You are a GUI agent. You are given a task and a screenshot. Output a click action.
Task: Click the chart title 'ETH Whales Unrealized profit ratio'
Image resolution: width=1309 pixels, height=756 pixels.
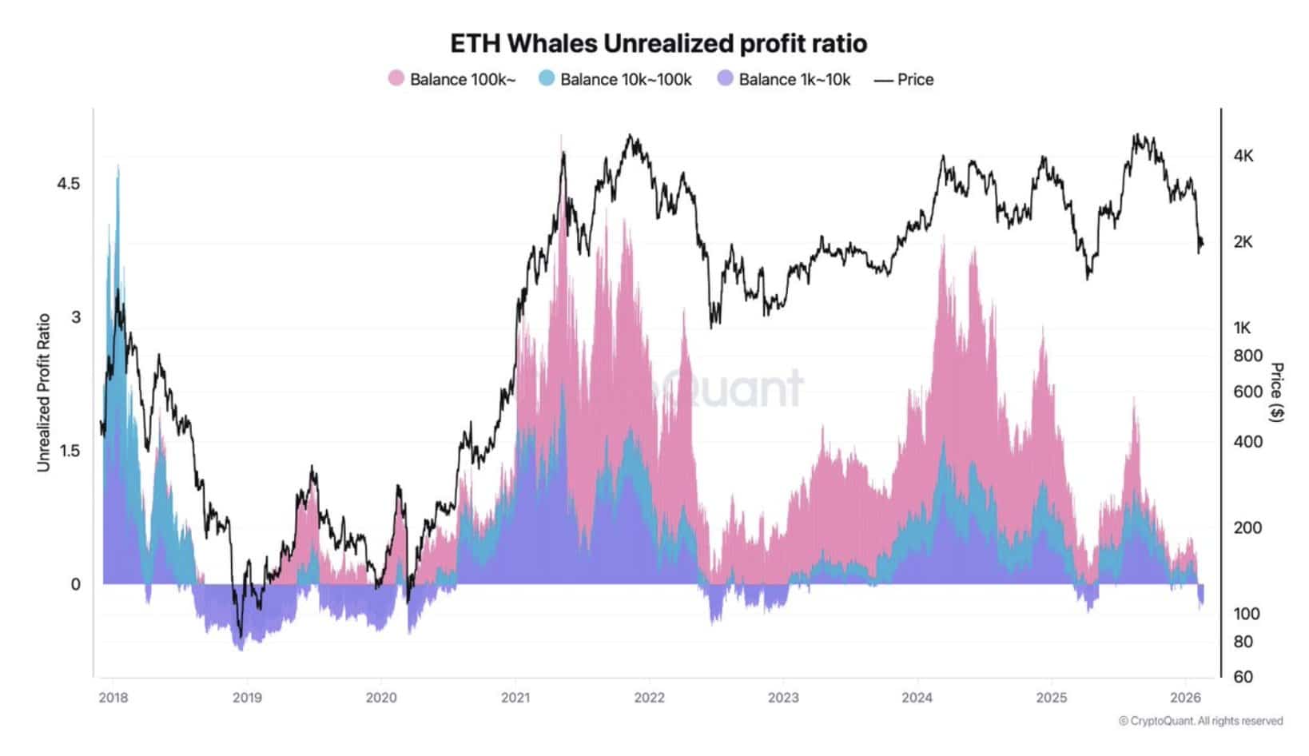pyautogui.click(x=658, y=43)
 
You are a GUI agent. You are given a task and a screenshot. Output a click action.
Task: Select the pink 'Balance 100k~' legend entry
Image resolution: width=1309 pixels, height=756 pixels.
pyautogui.click(x=452, y=79)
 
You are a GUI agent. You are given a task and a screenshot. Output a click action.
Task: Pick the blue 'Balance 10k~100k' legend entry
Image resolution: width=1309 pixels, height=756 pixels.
pyautogui.click(x=615, y=79)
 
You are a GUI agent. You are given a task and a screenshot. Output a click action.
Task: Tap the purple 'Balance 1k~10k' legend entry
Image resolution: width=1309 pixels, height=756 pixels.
pyautogui.click(x=784, y=79)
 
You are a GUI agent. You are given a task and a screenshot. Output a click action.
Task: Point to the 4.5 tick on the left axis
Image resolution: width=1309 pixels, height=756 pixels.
pyautogui.click(x=69, y=183)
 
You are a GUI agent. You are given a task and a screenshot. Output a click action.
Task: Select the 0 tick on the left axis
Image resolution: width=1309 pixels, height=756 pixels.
pyautogui.click(x=76, y=584)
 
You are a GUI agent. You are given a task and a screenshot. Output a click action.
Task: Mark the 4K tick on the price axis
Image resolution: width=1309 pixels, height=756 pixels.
pyautogui.click(x=1243, y=156)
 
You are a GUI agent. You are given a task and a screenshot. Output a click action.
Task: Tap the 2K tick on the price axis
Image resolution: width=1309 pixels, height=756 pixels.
pyautogui.click(x=1243, y=241)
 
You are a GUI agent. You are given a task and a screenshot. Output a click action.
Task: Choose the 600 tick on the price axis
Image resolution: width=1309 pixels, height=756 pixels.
pyautogui.click(x=1247, y=392)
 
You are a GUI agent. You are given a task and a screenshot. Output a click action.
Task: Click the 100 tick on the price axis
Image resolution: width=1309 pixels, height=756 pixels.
pyautogui.click(x=1247, y=614)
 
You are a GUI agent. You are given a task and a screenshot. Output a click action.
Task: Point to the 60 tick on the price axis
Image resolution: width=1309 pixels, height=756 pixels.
pyautogui.click(x=1243, y=677)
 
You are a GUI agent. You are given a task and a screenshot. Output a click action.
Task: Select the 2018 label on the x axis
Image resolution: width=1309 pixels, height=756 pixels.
pyautogui.click(x=113, y=697)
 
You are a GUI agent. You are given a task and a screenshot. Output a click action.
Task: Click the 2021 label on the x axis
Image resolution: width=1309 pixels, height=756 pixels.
pyautogui.click(x=515, y=697)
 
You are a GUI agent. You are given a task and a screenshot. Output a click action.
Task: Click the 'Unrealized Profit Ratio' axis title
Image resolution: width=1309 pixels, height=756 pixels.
pyautogui.click(x=44, y=392)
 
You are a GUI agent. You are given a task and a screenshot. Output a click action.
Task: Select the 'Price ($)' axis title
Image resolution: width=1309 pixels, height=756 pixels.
pyautogui.click(x=1277, y=392)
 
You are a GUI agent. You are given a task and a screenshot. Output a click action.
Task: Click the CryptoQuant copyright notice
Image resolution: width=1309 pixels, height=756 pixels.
pyautogui.click(x=1200, y=721)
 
